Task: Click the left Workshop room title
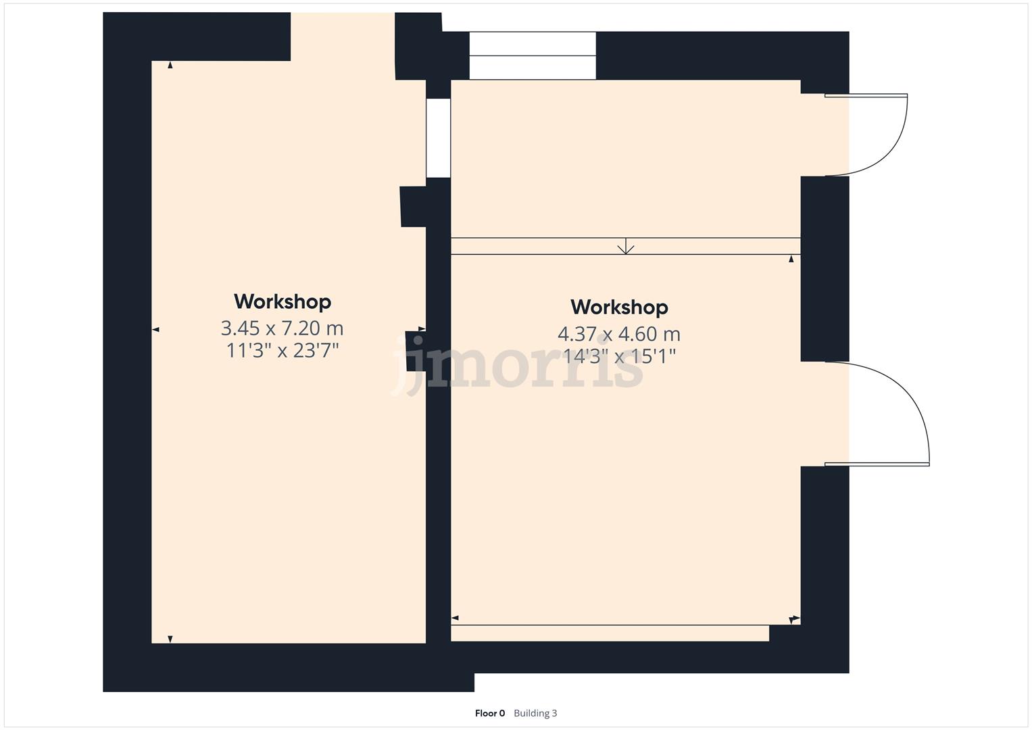pyautogui.click(x=282, y=301)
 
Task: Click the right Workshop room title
pyautogui.click(x=619, y=308)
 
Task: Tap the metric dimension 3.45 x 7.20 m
pyautogui.click(x=282, y=328)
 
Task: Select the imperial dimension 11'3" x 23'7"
pyautogui.click(x=282, y=351)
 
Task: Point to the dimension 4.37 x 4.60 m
pyautogui.click(x=619, y=334)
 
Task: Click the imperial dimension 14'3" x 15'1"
pyautogui.click(x=619, y=356)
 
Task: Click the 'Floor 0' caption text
pyautogui.click(x=490, y=713)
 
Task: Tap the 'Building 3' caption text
pyautogui.click(x=535, y=713)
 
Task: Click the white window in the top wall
pyautogui.click(x=533, y=56)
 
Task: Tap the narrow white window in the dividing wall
pyautogui.click(x=438, y=138)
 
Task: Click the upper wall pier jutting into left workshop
pyautogui.click(x=413, y=206)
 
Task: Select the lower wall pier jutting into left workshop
pyautogui.click(x=415, y=351)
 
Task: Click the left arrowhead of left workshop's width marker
pyautogui.click(x=155, y=330)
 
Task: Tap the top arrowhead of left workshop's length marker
pyautogui.click(x=170, y=66)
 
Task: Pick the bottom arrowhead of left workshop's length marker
pyautogui.click(x=170, y=639)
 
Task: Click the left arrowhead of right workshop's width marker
pyautogui.click(x=456, y=618)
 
